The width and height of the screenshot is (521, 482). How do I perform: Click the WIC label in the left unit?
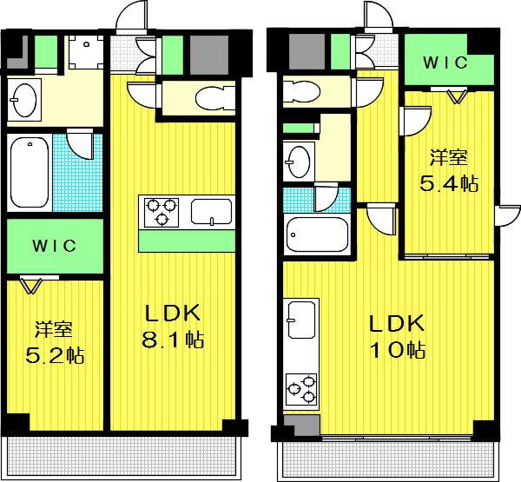(54, 246)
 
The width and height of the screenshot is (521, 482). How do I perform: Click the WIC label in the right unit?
(445, 63)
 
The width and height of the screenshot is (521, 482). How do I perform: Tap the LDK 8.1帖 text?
(173, 326)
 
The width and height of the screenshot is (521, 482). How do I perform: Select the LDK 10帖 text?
(398, 336)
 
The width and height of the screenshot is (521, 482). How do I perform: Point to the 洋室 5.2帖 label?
(55, 342)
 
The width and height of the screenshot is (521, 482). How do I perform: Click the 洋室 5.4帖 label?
(449, 171)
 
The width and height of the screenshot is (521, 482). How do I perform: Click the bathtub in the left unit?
(30, 173)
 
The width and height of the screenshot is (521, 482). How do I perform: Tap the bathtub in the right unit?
(317, 235)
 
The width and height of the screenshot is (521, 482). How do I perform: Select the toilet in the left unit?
(215, 98)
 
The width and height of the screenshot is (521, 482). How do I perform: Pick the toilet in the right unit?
(301, 90)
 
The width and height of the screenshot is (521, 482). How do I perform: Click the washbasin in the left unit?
(23, 100)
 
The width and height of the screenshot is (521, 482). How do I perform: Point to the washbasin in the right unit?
(299, 162)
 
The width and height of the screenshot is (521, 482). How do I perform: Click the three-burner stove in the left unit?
(162, 212)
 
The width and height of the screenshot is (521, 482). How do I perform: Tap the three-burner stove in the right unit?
(301, 389)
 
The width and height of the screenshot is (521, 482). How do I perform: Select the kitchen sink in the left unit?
(211, 212)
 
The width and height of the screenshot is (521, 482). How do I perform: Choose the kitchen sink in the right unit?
(301, 320)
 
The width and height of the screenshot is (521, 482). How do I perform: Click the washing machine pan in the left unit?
(86, 52)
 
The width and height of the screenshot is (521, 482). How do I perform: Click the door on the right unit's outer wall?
(507, 216)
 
